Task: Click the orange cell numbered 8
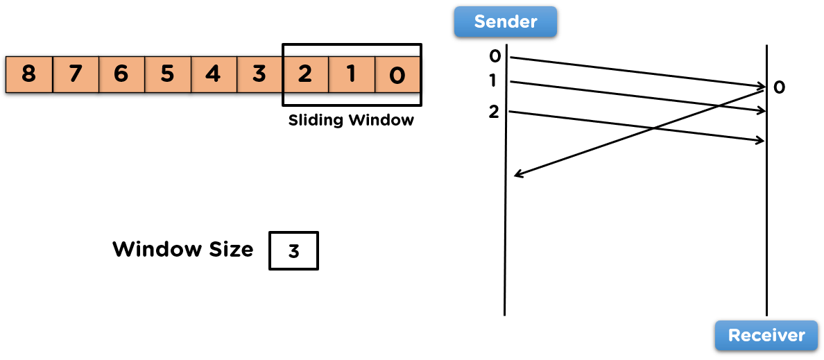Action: click(x=28, y=74)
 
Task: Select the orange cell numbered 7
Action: click(x=75, y=74)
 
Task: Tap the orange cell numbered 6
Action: click(x=121, y=74)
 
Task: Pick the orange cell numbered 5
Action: click(x=167, y=74)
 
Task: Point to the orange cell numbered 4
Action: click(x=213, y=74)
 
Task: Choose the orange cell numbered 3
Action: click(x=259, y=74)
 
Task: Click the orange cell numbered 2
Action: click(x=305, y=74)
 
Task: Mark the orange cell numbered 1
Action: click(x=352, y=74)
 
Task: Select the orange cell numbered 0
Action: click(x=397, y=74)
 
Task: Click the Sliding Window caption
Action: click(x=351, y=120)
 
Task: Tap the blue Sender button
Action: click(x=506, y=22)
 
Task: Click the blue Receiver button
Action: click(x=766, y=336)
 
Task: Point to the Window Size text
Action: click(x=183, y=249)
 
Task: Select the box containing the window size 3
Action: click(x=293, y=250)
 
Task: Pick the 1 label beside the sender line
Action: click(x=493, y=81)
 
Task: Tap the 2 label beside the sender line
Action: click(x=494, y=111)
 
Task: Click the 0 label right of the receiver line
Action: click(x=779, y=88)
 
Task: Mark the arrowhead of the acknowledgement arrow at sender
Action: click(x=517, y=176)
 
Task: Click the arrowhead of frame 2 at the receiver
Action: click(x=762, y=142)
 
